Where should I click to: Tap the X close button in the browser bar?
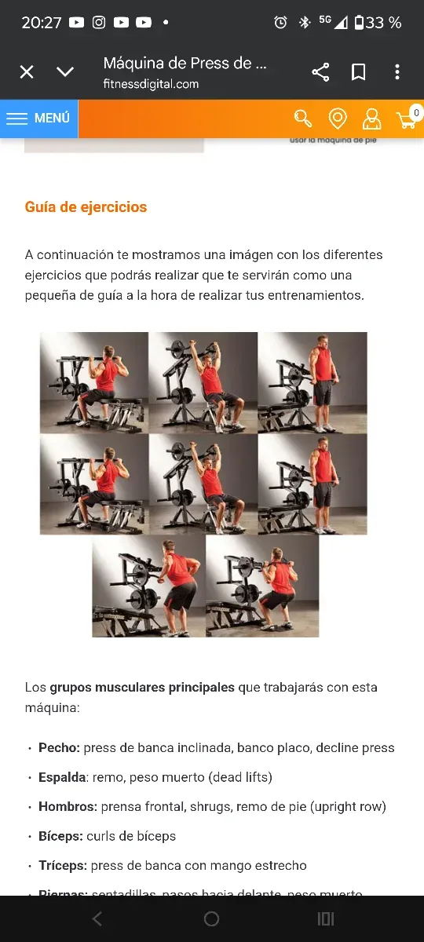click(x=27, y=72)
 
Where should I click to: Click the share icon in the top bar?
click(x=320, y=72)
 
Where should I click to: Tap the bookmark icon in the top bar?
click(x=359, y=72)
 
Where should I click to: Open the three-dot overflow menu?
click(x=397, y=72)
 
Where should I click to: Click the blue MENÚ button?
click(x=38, y=119)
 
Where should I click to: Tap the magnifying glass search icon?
click(x=303, y=119)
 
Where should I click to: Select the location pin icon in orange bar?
click(x=338, y=119)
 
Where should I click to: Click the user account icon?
click(x=371, y=119)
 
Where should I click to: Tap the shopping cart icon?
click(x=406, y=120)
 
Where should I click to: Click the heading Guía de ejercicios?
click(x=86, y=207)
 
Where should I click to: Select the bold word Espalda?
click(x=63, y=777)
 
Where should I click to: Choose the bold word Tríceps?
click(x=62, y=865)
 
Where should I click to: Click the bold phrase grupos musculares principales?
click(x=142, y=687)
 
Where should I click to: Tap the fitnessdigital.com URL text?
click(x=151, y=84)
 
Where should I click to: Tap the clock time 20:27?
click(x=41, y=23)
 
